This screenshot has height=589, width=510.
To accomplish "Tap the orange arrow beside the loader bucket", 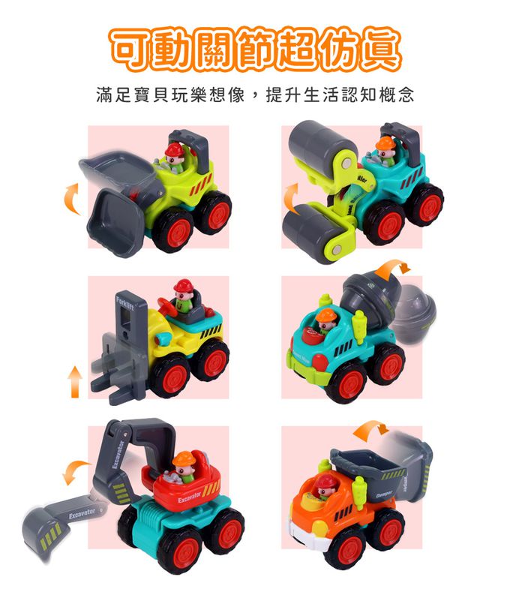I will (72, 197).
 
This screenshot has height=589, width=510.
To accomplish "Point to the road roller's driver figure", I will (385, 149).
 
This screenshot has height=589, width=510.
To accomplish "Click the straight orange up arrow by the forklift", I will (74, 381).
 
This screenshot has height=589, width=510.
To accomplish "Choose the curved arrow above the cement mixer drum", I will (393, 267).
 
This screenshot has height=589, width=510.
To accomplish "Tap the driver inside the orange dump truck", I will (324, 488).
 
